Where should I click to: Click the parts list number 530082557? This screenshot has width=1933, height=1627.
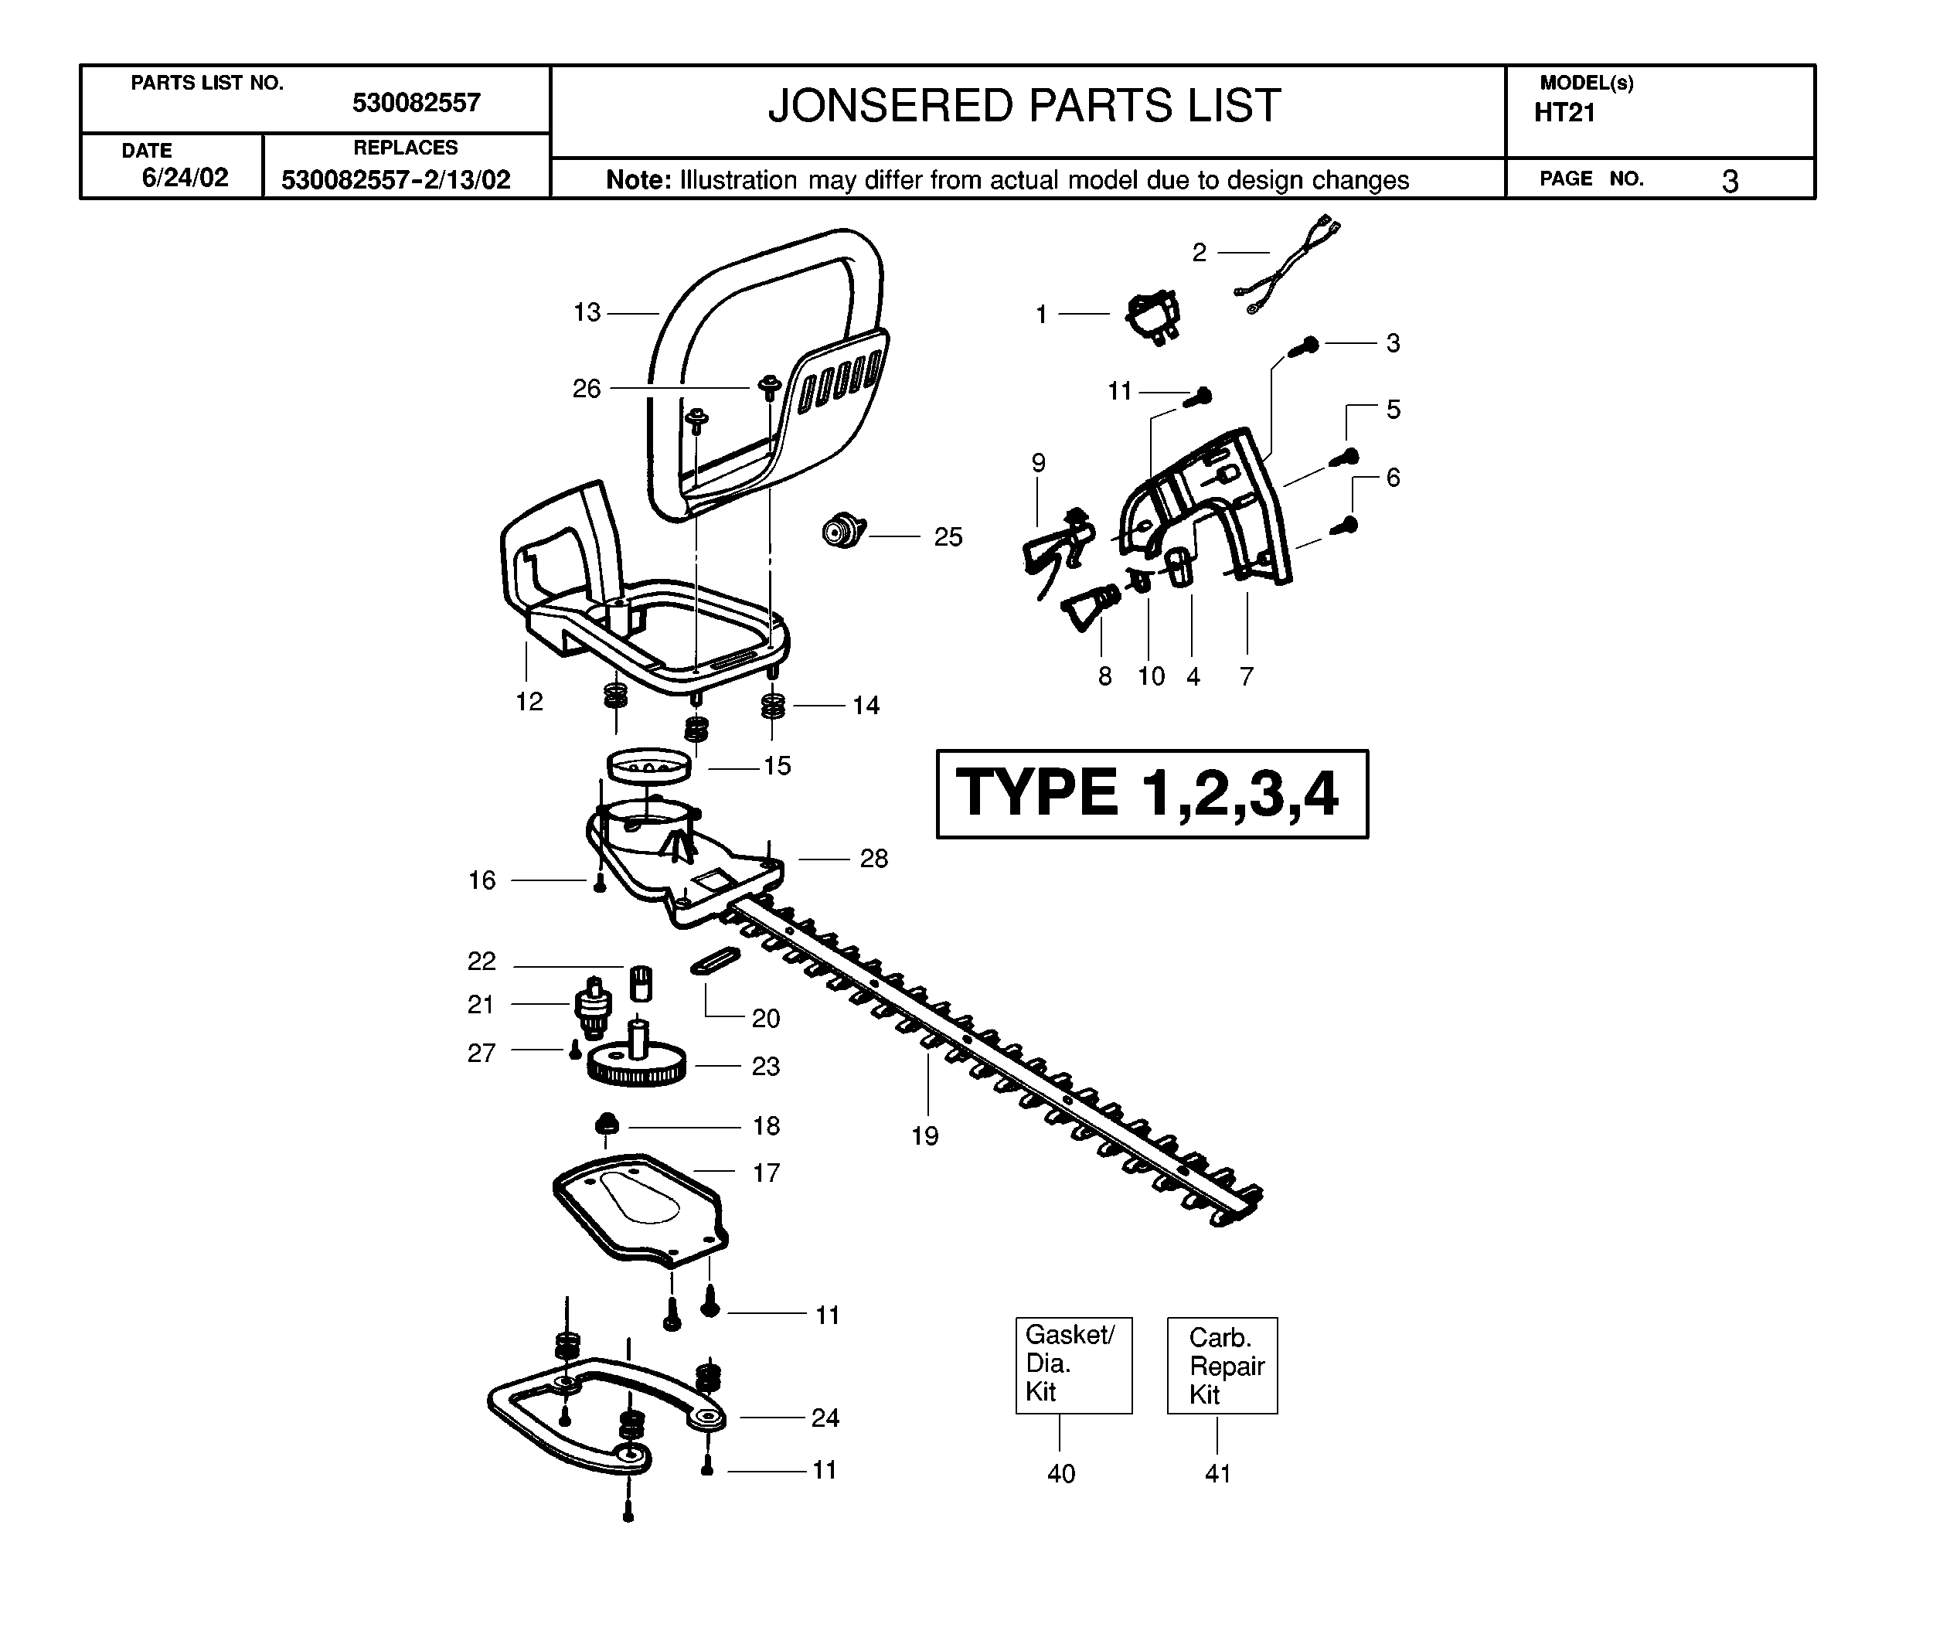[416, 102]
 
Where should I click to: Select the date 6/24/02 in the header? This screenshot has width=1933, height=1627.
[185, 177]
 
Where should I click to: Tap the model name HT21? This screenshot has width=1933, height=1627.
[1564, 113]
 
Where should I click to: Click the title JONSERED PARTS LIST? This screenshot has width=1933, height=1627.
[1023, 106]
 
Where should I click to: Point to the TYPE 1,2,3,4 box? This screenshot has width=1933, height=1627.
[1152, 793]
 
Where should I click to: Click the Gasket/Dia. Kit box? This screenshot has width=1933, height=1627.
[1074, 1365]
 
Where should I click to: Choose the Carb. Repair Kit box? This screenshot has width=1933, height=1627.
[1222, 1365]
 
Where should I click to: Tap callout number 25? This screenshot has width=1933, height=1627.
[948, 537]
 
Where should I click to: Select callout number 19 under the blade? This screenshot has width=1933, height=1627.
[925, 1135]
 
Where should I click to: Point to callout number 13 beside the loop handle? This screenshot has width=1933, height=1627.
[587, 313]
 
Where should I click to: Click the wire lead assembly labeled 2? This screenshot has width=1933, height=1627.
[1287, 266]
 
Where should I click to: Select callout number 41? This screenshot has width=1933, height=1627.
[1218, 1473]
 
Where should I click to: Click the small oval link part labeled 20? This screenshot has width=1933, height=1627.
[716, 959]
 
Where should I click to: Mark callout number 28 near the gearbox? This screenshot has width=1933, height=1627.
[874, 859]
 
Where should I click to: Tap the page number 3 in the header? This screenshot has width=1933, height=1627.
[1730, 181]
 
